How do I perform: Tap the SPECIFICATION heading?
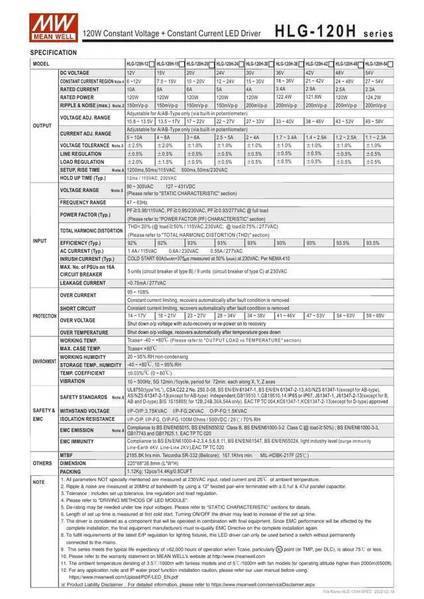54,52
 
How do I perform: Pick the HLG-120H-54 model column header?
376,64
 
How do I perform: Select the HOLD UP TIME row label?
83,178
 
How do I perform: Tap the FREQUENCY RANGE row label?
83,203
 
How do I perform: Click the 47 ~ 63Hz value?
138,203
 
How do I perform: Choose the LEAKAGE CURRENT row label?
83,283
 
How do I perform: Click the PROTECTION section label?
44,316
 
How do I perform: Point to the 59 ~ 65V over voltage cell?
375,316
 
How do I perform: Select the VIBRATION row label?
73,381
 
